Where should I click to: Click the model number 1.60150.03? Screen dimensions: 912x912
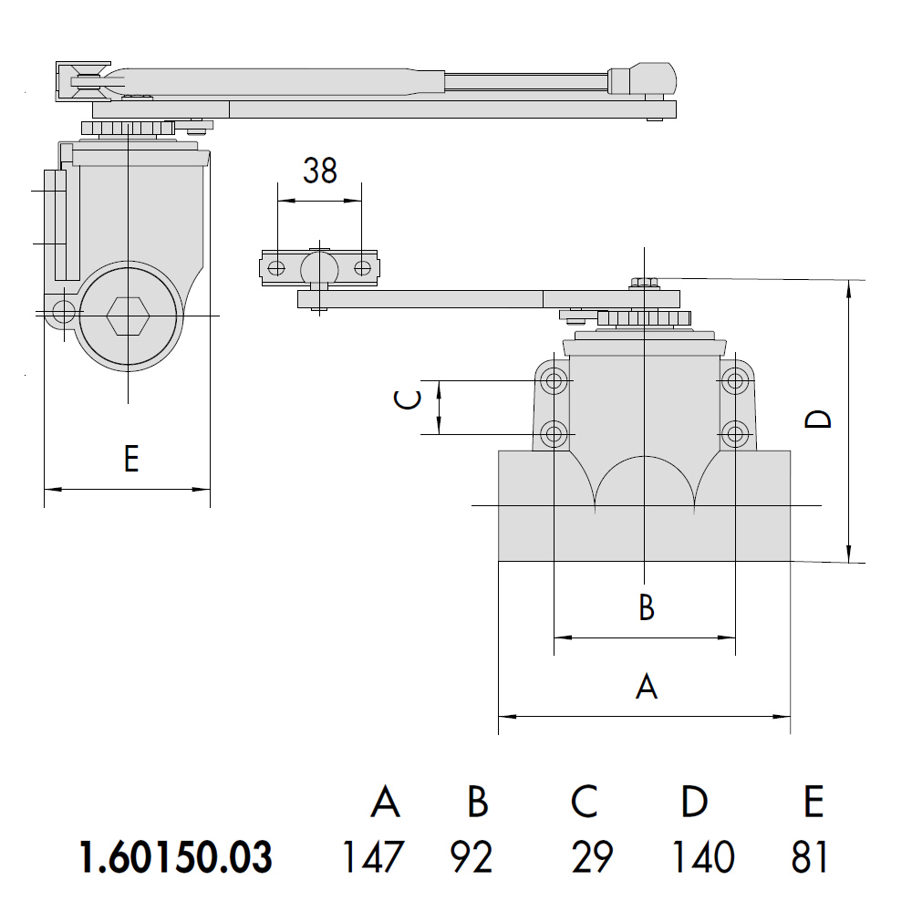pos(176,856)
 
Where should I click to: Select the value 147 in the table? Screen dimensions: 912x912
pos(372,856)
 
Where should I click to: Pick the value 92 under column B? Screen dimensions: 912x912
pos(472,856)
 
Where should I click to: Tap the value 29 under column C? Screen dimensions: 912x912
pos(592,856)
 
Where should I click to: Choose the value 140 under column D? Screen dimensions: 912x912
pos(702,856)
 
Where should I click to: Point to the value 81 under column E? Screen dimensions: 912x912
pos(809,856)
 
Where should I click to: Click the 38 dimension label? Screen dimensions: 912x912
pos(320,171)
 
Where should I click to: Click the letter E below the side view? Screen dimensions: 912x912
pos(131,459)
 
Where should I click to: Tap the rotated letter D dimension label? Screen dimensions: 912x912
pos(818,419)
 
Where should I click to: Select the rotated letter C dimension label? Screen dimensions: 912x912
pos(407,399)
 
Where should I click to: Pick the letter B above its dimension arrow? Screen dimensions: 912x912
pos(647,606)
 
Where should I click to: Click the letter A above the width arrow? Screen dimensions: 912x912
pos(647,687)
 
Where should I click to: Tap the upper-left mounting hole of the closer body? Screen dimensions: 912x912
pos(554,381)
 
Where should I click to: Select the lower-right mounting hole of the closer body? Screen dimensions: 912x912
pos(735,434)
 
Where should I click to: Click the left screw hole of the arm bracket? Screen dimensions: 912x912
pos(277,268)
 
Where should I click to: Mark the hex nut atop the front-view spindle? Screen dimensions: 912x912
pos(644,284)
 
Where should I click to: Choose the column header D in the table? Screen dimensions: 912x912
pos(694,802)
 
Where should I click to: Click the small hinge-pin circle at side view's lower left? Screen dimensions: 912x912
pos(64,312)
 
